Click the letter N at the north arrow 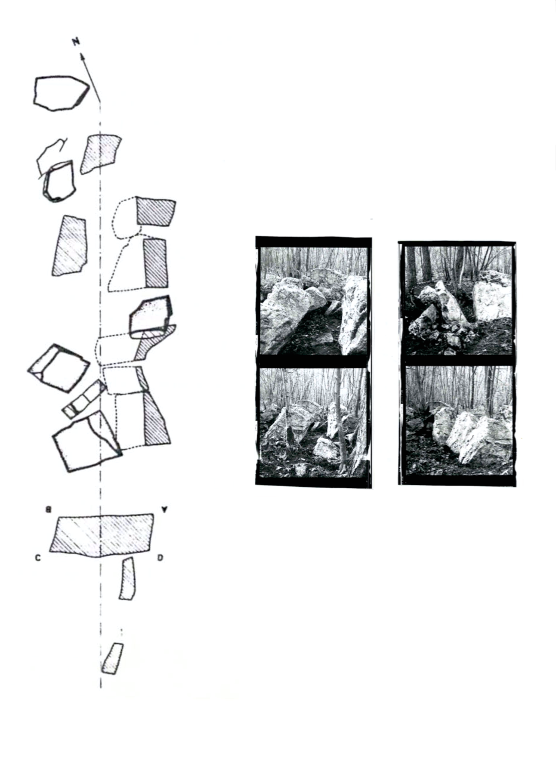coord(76,42)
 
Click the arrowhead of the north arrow coord(83,56)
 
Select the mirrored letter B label coord(49,510)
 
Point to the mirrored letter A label coord(163,510)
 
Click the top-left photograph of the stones coord(314,301)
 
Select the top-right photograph coord(458,300)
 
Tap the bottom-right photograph coord(458,421)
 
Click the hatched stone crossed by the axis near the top coord(101,154)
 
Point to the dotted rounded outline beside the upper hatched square coord(125,219)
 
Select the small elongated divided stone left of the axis coord(84,399)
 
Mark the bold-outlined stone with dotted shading coord(151,317)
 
